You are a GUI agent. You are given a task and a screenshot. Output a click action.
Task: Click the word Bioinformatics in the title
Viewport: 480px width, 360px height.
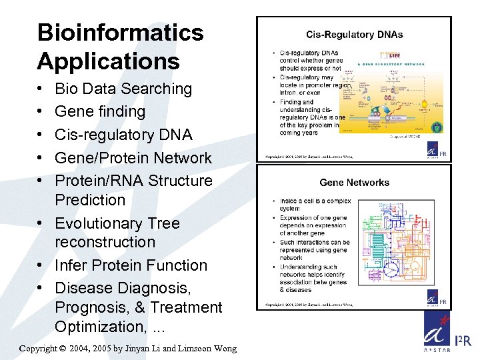tap(120, 32)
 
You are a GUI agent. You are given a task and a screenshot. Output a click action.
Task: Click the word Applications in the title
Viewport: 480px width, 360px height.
tap(108, 61)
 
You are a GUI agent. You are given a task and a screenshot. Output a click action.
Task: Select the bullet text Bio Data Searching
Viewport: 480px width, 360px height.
tap(123, 89)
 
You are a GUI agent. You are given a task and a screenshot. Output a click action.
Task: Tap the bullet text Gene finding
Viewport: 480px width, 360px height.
tap(100, 111)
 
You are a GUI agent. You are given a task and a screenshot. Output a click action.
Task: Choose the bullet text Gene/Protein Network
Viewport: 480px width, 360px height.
tap(133, 158)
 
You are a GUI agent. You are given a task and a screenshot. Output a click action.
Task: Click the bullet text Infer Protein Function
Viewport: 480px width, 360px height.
tap(131, 265)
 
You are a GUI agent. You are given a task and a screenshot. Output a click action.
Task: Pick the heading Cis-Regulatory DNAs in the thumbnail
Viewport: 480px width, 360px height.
tap(354, 35)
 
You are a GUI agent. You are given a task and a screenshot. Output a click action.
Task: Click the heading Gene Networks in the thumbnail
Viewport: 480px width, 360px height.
tap(354, 182)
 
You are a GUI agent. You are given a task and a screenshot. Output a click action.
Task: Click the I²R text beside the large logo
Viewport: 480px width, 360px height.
tap(463, 341)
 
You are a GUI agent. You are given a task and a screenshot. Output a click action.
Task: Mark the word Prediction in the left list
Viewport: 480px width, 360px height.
tap(90, 200)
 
